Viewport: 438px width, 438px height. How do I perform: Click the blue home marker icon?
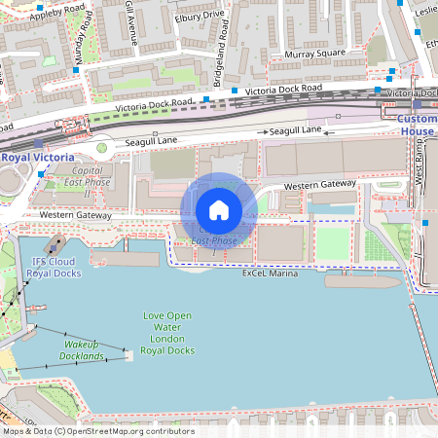[219, 210]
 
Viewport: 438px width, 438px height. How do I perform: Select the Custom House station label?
[418, 125]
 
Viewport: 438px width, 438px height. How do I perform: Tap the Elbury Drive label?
[201, 16]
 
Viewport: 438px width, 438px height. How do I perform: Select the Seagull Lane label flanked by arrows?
[295, 130]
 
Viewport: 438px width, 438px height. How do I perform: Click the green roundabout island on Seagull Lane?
[100, 148]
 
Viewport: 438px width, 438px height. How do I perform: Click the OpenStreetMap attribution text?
[97, 431]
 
